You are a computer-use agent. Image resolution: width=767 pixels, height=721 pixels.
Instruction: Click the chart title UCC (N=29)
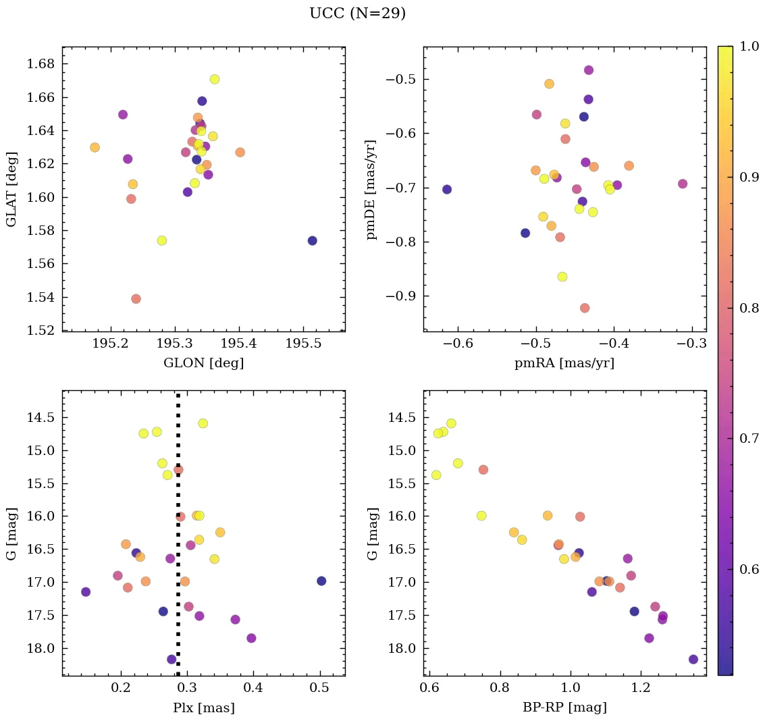357,14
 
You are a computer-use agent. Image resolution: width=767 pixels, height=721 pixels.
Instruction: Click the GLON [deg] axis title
203,363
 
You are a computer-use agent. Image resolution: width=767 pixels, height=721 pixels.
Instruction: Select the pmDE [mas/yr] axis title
371,189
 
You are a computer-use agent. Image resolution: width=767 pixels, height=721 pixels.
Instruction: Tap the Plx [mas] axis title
203,707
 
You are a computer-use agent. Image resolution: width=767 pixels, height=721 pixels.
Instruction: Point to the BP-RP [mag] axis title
564,707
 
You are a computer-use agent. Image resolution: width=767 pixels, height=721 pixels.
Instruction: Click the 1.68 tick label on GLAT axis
41,64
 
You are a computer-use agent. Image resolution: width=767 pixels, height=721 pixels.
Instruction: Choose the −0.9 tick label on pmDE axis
399,296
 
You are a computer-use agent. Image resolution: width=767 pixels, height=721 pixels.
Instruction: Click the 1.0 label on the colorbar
749,46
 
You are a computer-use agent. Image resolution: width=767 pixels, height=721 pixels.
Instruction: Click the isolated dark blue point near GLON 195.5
312,241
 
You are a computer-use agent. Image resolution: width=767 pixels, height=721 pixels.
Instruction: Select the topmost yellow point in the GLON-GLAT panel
215,79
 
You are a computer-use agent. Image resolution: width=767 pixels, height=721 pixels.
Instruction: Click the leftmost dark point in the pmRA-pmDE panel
447,190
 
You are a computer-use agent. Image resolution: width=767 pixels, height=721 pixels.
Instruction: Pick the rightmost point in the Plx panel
321,581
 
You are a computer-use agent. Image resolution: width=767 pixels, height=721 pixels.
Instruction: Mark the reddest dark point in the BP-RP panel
693,660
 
